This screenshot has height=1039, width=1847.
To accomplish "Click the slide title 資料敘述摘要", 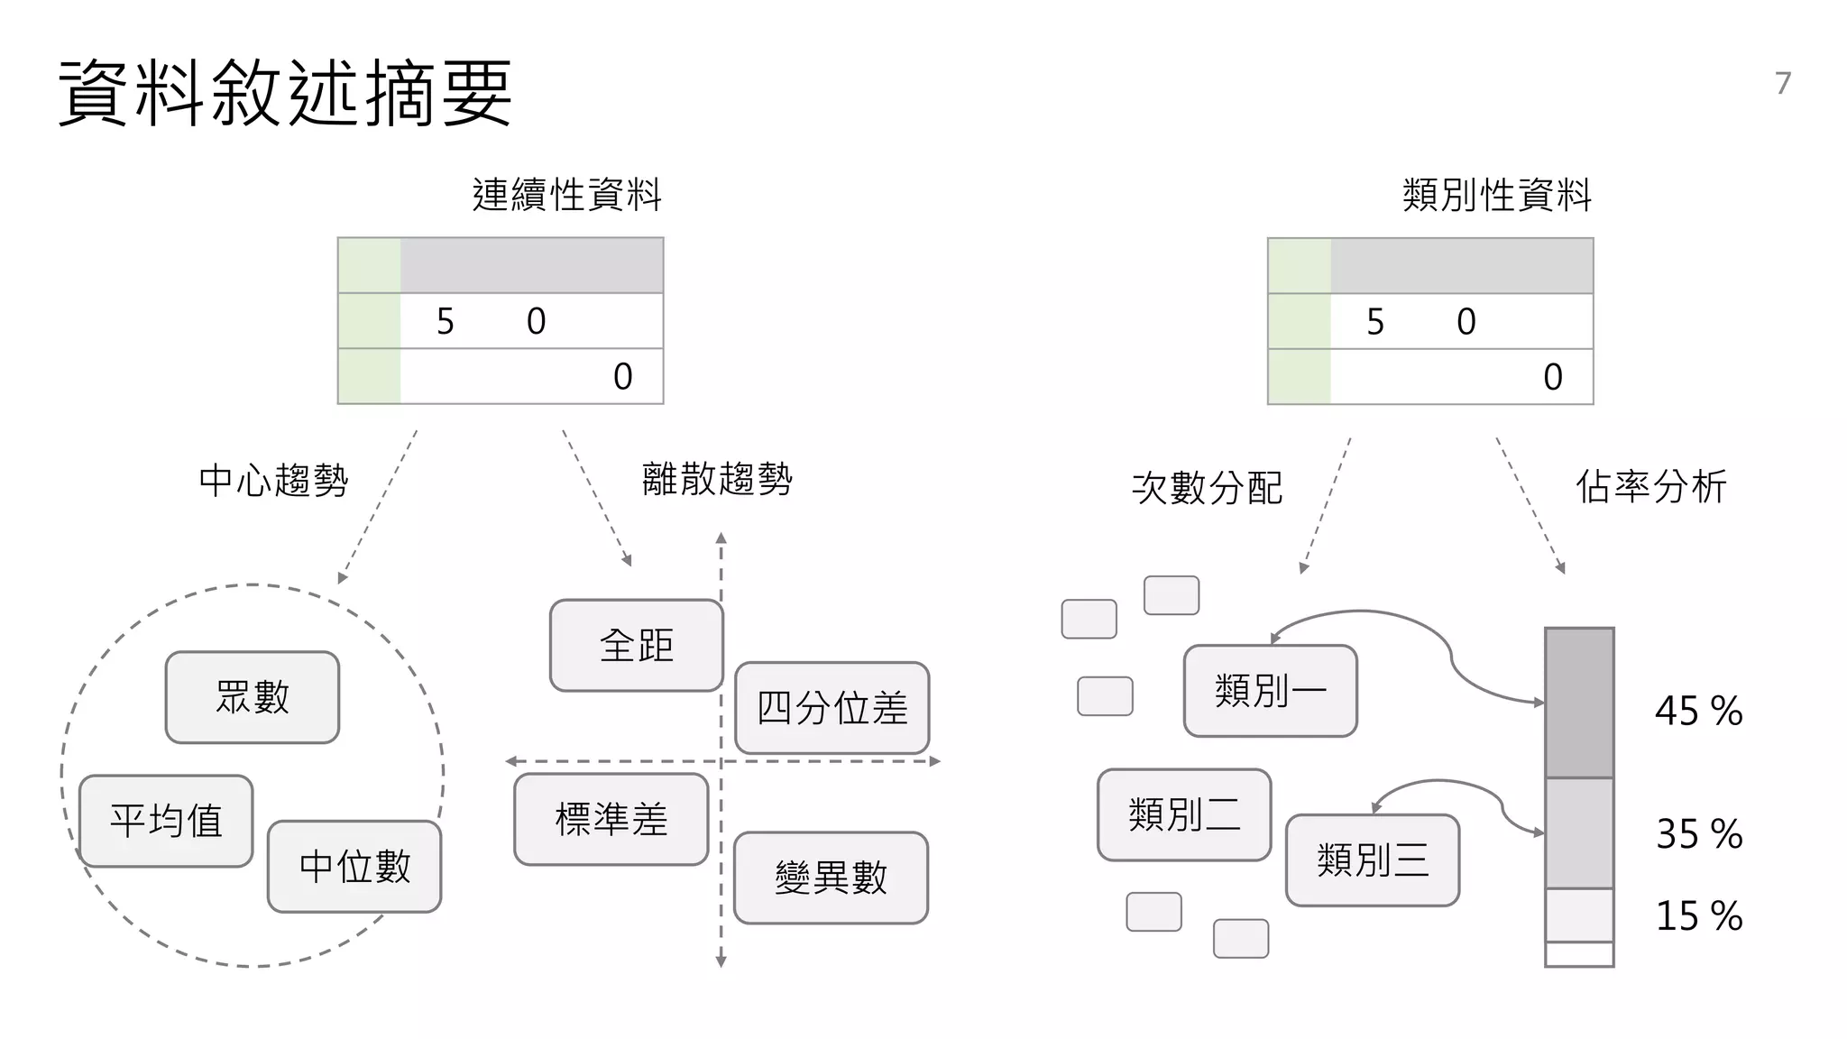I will coord(285,93).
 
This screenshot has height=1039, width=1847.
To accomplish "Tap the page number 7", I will coord(1783,83).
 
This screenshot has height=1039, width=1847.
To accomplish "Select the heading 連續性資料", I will coord(567,195).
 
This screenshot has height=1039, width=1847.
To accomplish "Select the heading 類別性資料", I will coord(1497,195).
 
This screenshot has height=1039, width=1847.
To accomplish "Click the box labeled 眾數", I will coord(253,697).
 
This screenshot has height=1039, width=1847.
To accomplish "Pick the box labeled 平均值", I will coord(166,821).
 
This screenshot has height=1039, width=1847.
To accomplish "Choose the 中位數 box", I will coord(354,867).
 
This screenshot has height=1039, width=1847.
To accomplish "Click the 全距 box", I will coord(637,646).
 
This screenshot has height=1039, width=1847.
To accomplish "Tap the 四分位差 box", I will coord(832,708).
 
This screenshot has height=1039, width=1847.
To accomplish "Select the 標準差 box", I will coord(611,819).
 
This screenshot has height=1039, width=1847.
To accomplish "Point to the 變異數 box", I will coord(831,878).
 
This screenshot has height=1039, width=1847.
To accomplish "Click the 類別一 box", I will coord(1270,691).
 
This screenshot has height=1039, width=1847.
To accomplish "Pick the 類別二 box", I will coord(1184,814).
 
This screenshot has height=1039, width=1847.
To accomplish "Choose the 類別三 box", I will coord(1372,860).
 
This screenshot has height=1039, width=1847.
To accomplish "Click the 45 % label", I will coord(1698,711).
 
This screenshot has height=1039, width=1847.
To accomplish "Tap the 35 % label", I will coord(1698,833).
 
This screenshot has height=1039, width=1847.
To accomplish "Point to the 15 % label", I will coord(1698,915).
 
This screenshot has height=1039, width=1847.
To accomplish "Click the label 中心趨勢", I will coord(273,481).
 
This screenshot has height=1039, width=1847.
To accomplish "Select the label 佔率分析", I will coord(1650,487).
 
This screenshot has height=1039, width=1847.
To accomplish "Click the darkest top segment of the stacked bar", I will coord(1579,703).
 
